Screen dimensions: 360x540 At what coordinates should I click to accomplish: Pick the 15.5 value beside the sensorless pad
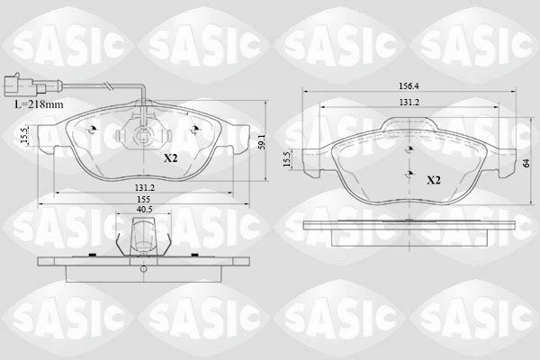pyautogui.click(x=287, y=159)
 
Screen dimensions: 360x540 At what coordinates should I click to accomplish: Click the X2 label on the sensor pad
pyautogui.click(x=170, y=158)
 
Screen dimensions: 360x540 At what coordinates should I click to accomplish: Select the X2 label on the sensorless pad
pyautogui.click(x=433, y=179)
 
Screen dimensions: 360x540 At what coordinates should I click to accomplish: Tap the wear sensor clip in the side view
pyautogui.click(x=139, y=241)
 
